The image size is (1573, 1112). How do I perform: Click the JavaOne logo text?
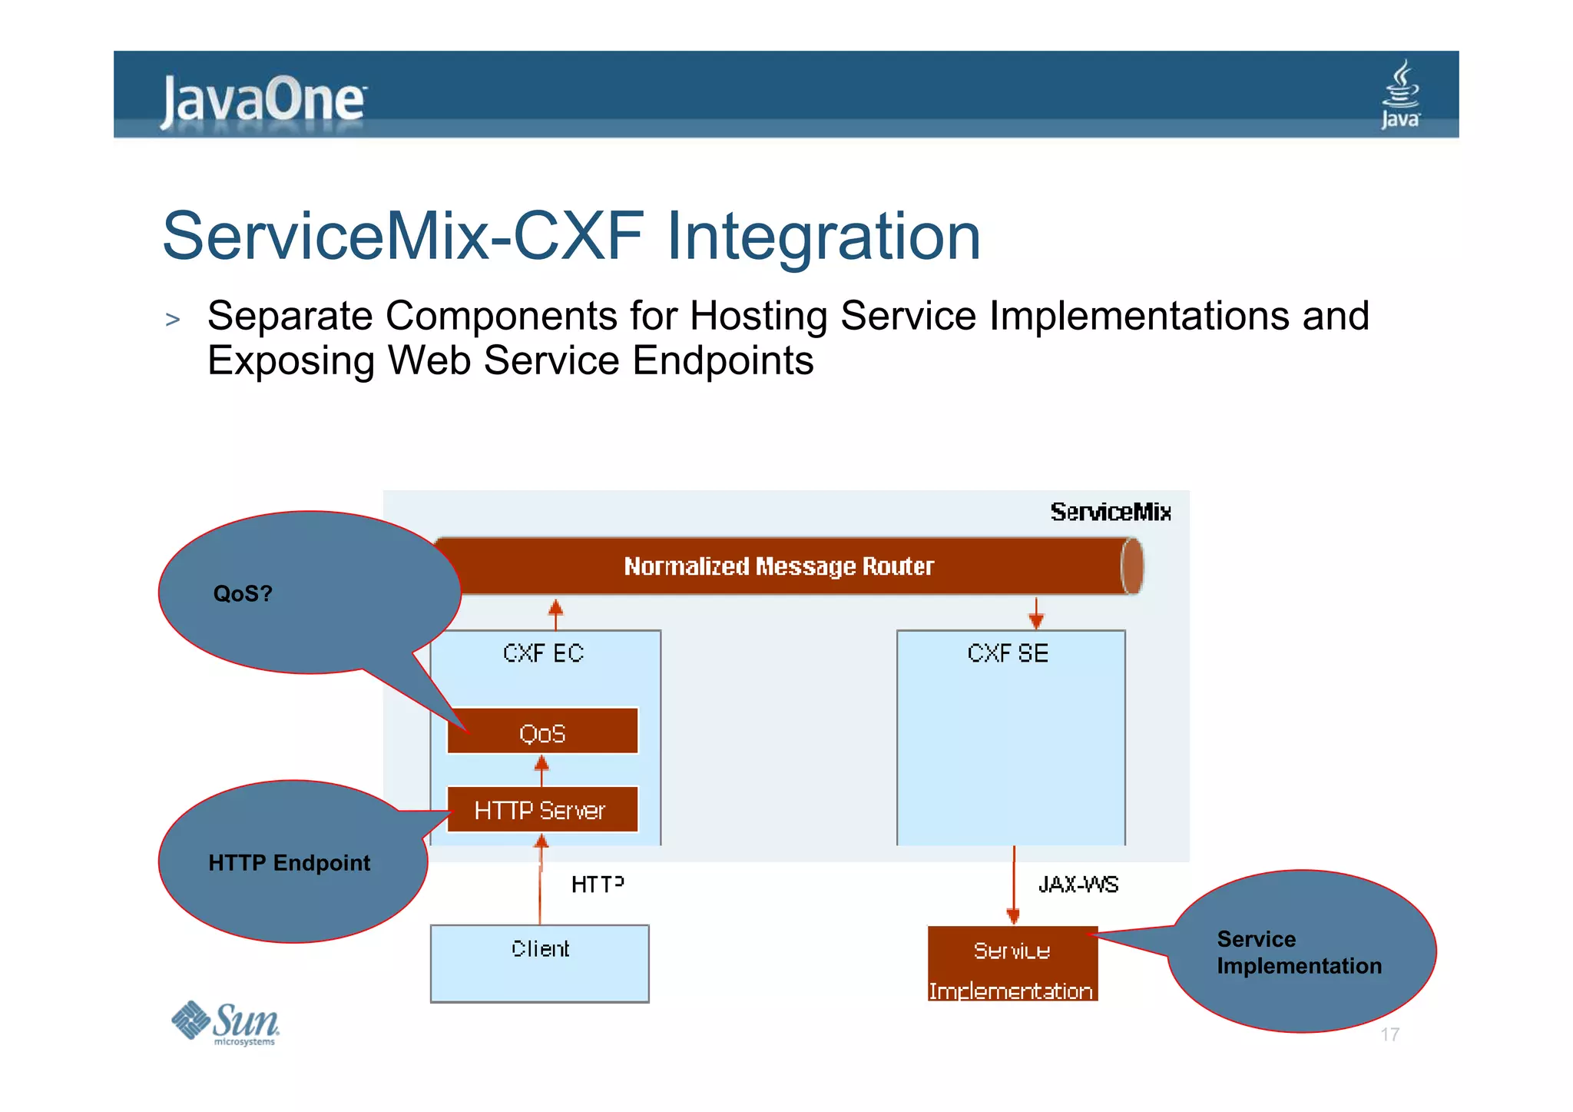click(263, 100)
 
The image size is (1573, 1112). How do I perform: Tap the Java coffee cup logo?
click(1400, 94)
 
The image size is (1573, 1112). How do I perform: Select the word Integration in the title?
click(823, 236)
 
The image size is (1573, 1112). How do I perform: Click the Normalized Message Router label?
click(778, 566)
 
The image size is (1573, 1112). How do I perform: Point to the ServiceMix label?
click(1110, 512)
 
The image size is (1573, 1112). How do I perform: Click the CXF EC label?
click(543, 653)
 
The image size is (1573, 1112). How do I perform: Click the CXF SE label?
click(1008, 653)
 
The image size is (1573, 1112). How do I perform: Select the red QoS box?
click(542, 732)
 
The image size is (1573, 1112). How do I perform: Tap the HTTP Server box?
click(542, 810)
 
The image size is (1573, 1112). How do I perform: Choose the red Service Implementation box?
click(1012, 965)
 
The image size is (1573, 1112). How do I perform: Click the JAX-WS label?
click(1078, 885)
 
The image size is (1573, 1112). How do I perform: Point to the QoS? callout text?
click(243, 593)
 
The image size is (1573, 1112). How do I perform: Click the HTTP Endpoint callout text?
click(289, 862)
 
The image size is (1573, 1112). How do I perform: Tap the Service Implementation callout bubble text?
click(1298, 952)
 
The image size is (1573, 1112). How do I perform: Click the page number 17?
click(1389, 1034)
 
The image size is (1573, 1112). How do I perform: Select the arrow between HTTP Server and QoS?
click(541, 769)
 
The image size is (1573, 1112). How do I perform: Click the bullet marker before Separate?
click(173, 319)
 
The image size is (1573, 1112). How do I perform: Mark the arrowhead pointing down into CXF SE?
click(1036, 620)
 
